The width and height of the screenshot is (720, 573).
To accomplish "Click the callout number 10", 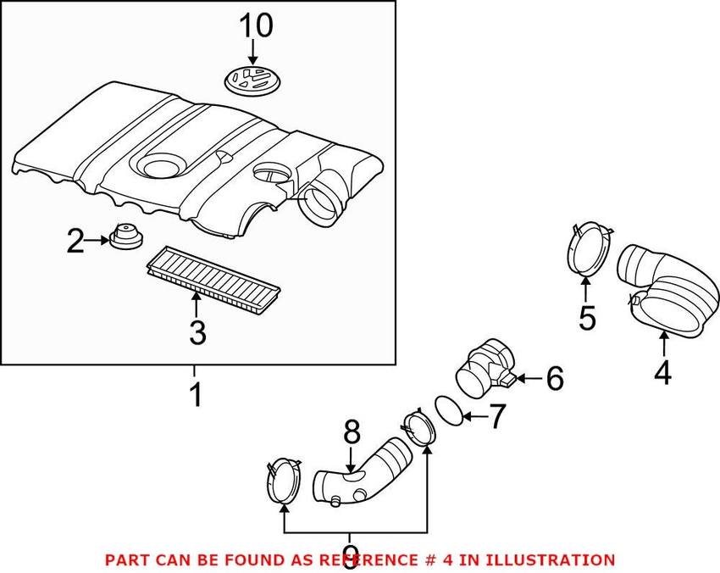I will pyautogui.click(x=255, y=25).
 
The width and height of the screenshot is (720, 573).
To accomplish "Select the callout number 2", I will pyautogui.click(x=76, y=243).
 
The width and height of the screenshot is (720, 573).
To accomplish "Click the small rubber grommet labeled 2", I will pyautogui.click(x=125, y=236).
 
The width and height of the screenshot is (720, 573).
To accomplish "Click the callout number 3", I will pyautogui.click(x=197, y=332).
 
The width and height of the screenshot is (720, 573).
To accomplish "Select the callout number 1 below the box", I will pyautogui.click(x=195, y=394).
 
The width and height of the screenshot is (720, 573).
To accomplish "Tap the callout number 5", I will pyautogui.click(x=587, y=318).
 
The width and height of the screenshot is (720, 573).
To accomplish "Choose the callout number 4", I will pyautogui.click(x=662, y=371).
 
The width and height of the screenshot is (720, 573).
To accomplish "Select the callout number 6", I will pyautogui.click(x=554, y=379).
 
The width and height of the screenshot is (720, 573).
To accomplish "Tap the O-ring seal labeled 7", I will pyautogui.click(x=451, y=409).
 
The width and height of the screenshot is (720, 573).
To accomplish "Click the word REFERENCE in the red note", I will pyautogui.click(x=365, y=559).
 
